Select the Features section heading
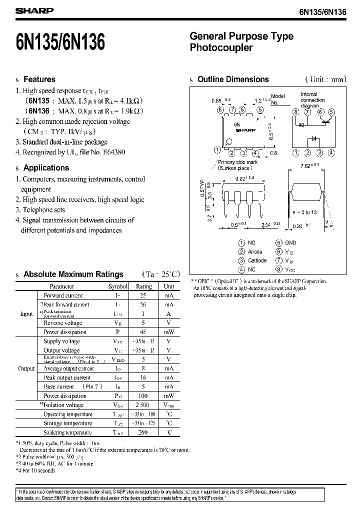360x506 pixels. point(39,79)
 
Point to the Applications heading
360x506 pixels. point(46,168)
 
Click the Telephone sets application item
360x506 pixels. point(44,210)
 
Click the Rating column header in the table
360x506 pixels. point(144,286)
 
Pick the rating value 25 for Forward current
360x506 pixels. point(144,295)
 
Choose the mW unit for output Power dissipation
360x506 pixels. point(169,396)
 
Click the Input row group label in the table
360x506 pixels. point(26,314)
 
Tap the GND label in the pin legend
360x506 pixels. point(291,242)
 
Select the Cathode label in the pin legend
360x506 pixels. point(257,260)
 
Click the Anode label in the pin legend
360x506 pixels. point(255,251)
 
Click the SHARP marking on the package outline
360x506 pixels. point(245,130)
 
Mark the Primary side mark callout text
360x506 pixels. point(237,162)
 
